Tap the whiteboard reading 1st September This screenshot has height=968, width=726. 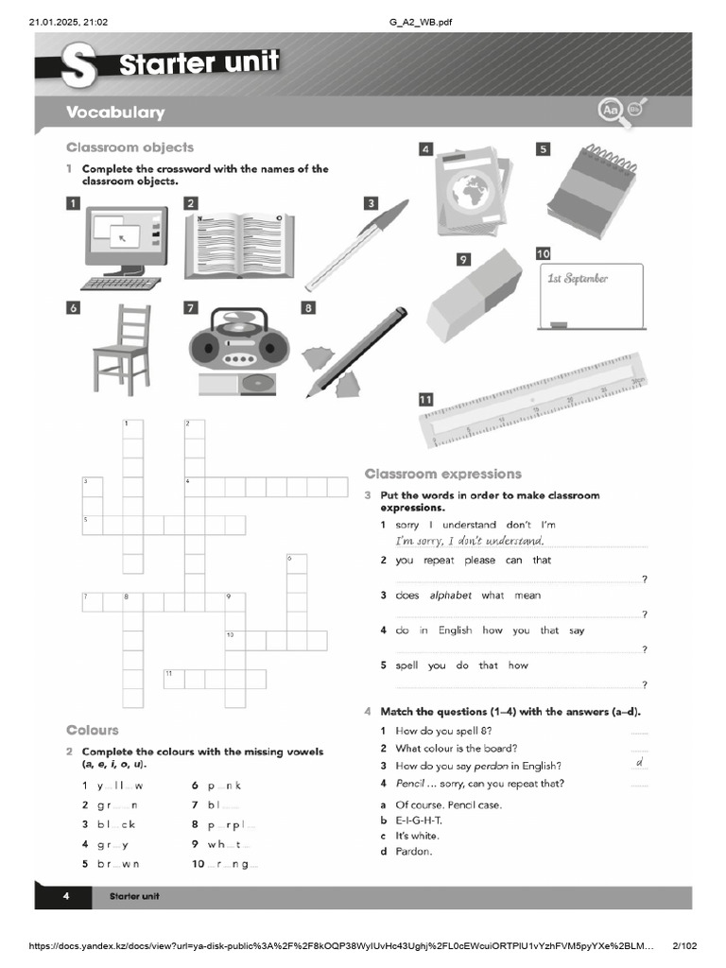[590, 296]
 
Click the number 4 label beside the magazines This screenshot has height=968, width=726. [426, 148]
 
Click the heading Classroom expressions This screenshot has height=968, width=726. [442, 474]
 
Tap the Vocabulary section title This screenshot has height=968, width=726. [115, 112]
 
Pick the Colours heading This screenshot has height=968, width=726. [93, 730]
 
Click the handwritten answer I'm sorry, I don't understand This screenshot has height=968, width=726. [470, 541]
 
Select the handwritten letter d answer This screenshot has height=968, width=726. [639, 762]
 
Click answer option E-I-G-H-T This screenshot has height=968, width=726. [419, 821]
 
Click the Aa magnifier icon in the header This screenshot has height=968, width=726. [609, 112]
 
